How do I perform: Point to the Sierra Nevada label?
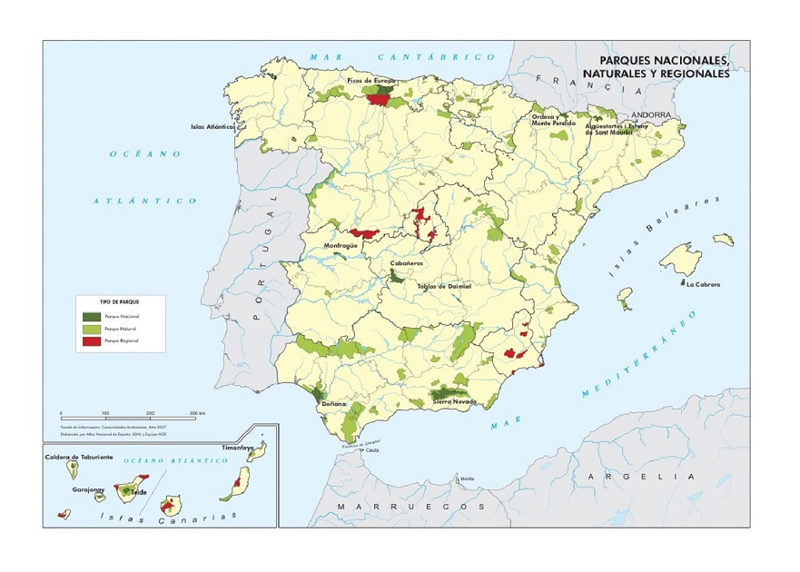[455, 400]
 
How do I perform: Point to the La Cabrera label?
[703, 285]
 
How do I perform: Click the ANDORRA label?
[650, 115]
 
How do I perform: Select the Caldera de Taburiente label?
[79, 458]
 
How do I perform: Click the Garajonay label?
[89, 489]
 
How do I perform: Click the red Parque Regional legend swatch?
[91, 341]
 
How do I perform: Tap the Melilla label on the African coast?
[467, 478]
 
